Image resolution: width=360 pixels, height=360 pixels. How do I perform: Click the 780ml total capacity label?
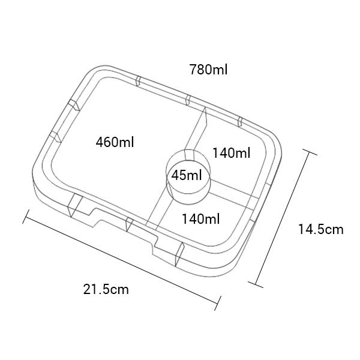208,70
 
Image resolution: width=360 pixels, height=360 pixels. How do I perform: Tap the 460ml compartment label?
115,142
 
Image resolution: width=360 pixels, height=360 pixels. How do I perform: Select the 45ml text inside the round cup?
187,175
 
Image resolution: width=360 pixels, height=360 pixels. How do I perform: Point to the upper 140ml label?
232,153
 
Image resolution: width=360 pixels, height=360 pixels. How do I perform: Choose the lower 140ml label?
200,218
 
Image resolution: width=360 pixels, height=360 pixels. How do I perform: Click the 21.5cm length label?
106,289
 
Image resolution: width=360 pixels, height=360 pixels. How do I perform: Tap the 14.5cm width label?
321,229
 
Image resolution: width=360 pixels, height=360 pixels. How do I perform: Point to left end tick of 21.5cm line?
26,217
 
